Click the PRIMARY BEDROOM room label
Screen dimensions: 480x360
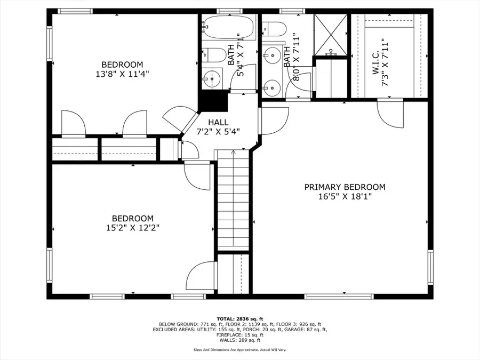[x=345, y=187]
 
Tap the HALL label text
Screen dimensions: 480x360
[x=218, y=123]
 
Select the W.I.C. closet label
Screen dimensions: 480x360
[x=376, y=62]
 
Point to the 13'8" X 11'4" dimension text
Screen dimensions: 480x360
[x=123, y=74]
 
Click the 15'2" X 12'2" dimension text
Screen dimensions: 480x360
[x=133, y=228]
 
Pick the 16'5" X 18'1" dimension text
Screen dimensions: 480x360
[x=345, y=196]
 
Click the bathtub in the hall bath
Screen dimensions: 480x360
[x=229, y=28]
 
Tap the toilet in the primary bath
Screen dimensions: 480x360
[x=274, y=29]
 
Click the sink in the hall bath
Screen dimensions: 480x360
[x=212, y=79]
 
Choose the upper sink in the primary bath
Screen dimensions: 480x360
[x=272, y=55]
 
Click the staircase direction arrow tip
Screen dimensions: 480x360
[x=234, y=150]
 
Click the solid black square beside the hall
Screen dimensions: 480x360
[x=213, y=101]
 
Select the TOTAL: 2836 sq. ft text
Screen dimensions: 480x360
[x=240, y=319]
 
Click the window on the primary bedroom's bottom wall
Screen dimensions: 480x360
[x=339, y=297]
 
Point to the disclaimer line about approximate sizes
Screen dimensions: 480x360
[x=240, y=349]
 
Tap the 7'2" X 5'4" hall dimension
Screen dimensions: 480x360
[x=218, y=132]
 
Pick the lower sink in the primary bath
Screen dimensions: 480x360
[x=272, y=88]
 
